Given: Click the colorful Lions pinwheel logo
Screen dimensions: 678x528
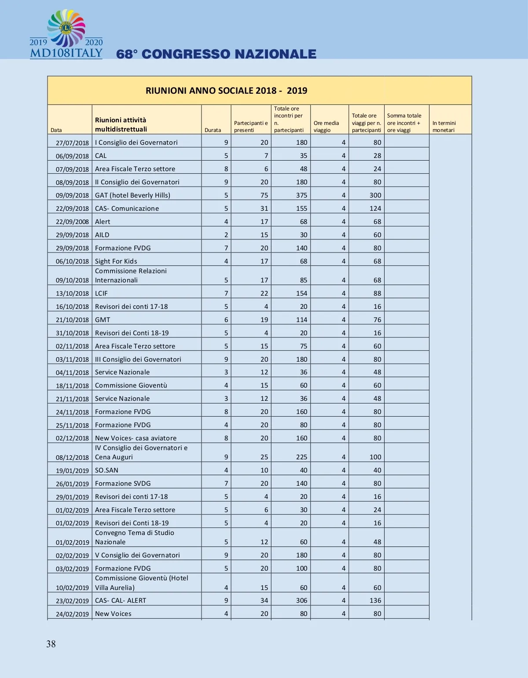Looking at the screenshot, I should tap(66, 28).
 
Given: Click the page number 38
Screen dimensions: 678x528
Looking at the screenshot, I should tap(51, 644).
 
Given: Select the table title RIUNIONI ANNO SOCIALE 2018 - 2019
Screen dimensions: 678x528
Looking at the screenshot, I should tap(226, 91).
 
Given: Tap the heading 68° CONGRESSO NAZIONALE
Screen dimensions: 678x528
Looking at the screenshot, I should tap(216, 54).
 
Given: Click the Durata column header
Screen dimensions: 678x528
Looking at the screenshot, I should tap(213, 130).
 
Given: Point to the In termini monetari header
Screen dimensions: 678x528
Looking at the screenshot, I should tap(444, 127).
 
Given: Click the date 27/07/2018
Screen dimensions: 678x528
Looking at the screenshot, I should tap(72, 143).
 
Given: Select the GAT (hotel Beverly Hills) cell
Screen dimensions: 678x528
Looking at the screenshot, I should tap(132, 195).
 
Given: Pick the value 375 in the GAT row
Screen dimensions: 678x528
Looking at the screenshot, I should tap(301, 195).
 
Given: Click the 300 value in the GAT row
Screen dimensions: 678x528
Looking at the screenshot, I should tap(375, 195).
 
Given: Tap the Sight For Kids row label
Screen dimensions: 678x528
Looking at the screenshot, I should tap(116, 261).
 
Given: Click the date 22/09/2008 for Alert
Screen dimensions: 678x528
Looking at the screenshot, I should tap(72, 222).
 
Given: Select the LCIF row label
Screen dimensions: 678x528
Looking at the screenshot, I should tap(101, 293).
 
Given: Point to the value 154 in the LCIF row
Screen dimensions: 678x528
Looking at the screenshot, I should tap(301, 293).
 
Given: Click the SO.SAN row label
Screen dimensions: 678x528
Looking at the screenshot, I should tap(106, 470).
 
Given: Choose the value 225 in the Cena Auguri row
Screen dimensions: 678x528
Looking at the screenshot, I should tap(301, 457).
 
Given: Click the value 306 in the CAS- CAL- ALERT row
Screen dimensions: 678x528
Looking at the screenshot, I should tap(301, 601).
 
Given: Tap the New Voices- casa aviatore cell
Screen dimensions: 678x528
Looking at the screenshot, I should tap(136, 438).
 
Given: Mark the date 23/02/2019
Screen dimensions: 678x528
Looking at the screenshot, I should tap(72, 601).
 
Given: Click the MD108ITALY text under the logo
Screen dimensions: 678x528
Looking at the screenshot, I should tap(66, 54).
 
